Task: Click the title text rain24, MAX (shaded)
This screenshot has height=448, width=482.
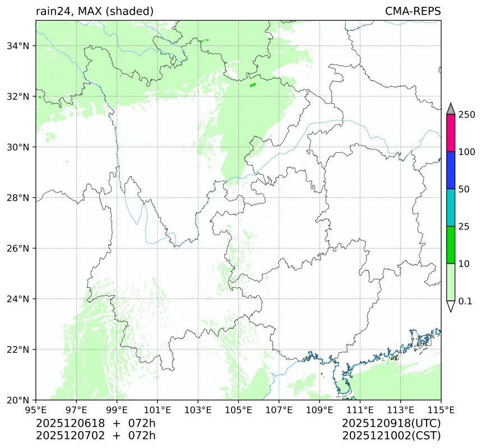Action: [x=94, y=11]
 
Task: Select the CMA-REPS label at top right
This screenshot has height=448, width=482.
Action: [x=413, y=11]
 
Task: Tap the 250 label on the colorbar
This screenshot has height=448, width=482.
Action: [x=467, y=115]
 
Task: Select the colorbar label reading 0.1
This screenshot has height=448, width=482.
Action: [x=465, y=301]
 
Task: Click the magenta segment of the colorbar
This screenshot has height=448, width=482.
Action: [x=451, y=133]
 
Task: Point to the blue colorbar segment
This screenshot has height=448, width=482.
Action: [x=451, y=170]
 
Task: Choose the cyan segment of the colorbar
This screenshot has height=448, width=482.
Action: [x=451, y=207]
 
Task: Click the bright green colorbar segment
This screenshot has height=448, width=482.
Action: [x=451, y=245]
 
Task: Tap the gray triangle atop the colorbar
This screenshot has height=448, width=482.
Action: [x=451, y=109]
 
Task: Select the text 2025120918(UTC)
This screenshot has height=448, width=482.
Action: [x=391, y=423]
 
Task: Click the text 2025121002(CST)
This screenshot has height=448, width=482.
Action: [x=391, y=435]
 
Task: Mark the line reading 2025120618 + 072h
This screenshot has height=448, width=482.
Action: [x=95, y=423]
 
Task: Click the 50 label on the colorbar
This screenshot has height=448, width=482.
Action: [x=464, y=189]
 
